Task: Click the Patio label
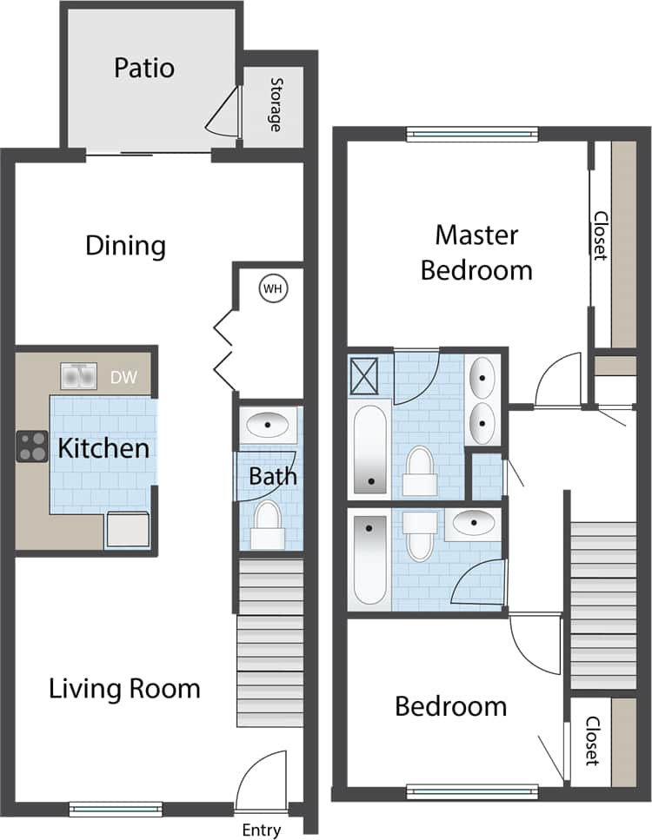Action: pyautogui.click(x=144, y=68)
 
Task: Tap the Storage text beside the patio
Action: pyautogui.click(x=276, y=104)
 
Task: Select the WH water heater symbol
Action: pyautogui.click(x=272, y=288)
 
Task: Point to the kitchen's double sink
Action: pyautogui.click(x=78, y=376)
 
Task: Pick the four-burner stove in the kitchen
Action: pyautogui.click(x=32, y=446)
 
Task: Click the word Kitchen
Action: pyautogui.click(x=103, y=449)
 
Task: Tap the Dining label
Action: pyautogui.click(x=125, y=246)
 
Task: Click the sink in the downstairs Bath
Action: pyautogui.click(x=268, y=426)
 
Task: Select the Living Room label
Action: pyautogui.click(x=124, y=689)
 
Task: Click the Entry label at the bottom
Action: pyautogui.click(x=261, y=830)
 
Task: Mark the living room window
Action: pyautogui.click(x=116, y=809)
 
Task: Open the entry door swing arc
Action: pyautogui.click(x=263, y=779)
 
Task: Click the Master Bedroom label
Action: pyautogui.click(x=476, y=252)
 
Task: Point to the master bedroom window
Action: pyautogui.click(x=472, y=134)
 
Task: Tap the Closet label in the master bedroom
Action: pyautogui.click(x=599, y=235)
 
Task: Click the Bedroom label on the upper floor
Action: pyautogui.click(x=450, y=706)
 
